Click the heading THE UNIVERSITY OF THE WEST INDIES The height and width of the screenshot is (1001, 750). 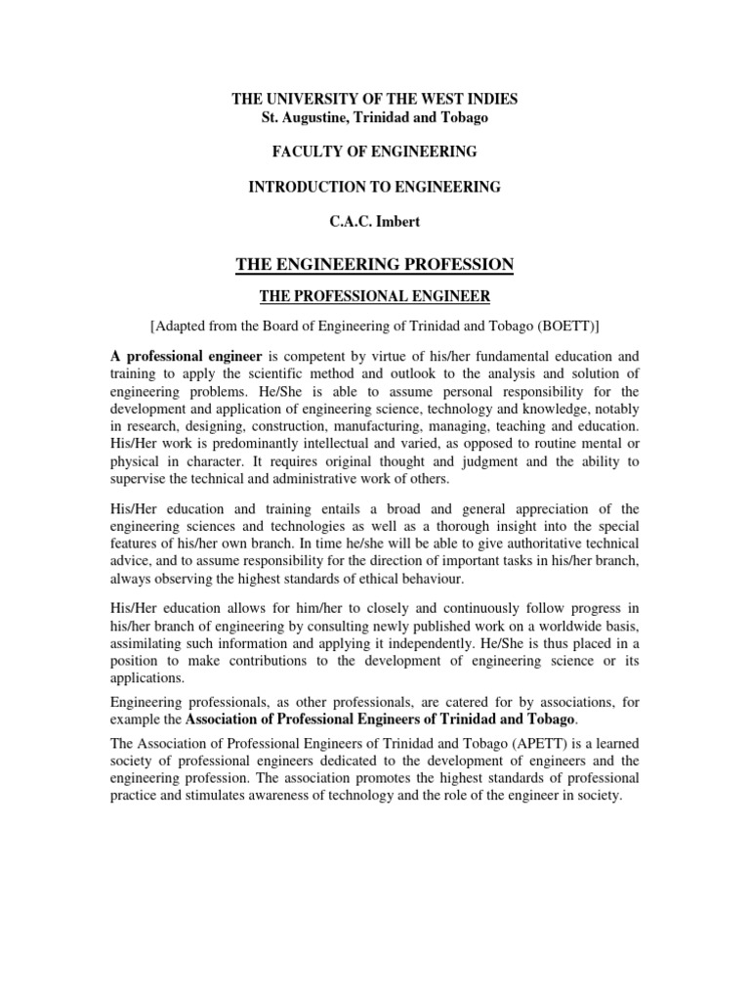coord(374,100)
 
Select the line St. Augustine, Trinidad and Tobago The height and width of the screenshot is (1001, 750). coord(374,117)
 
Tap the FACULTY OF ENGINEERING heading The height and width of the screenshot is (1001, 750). coord(374,152)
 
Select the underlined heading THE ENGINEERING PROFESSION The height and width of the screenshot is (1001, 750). coord(374,264)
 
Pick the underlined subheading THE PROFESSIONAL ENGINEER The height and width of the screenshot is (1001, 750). coord(374,296)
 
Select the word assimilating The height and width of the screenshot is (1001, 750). coord(150,642)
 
